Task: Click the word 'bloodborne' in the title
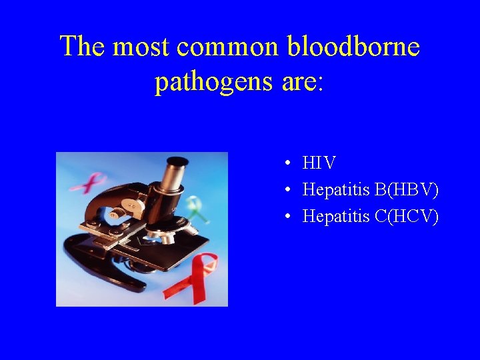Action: [x=353, y=47]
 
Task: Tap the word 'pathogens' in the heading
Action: [x=214, y=81]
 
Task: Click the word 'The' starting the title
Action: [x=82, y=47]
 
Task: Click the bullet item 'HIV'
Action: [x=319, y=163]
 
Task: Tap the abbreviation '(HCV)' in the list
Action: [x=416, y=217]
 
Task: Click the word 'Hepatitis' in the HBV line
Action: [x=337, y=190]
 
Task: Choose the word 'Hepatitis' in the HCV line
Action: [x=337, y=217]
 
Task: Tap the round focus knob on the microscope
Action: [x=117, y=213]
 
